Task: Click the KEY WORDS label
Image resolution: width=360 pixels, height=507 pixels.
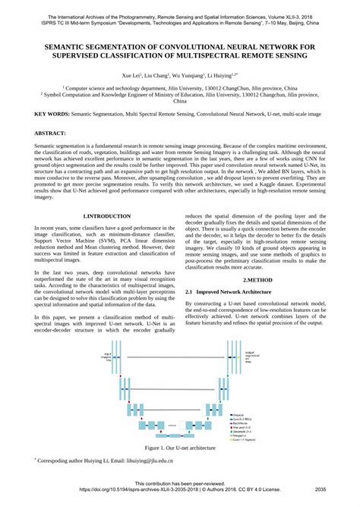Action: [52, 113]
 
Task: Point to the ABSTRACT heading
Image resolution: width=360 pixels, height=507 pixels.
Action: [50, 133]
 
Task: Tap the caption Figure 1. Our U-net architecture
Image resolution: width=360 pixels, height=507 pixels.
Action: [179, 449]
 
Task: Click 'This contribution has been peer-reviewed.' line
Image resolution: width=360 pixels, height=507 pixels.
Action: [179, 483]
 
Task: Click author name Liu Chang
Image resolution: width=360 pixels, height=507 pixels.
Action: [156, 76]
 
